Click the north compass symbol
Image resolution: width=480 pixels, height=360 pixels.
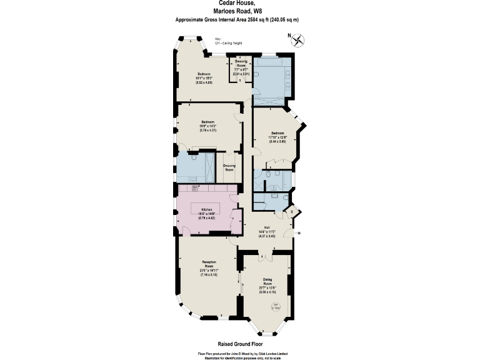tap(299, 41)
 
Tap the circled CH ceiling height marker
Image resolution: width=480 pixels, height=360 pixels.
tap(276, 306)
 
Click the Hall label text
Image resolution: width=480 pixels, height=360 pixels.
tap(267, 227)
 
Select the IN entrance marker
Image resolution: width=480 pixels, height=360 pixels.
tap(298, 233)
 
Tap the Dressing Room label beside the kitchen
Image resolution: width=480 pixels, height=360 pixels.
tap(229, 167)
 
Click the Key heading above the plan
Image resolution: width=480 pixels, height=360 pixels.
tap(217, 39)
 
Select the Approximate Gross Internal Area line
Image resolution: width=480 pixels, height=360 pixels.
tap(237, 20)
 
